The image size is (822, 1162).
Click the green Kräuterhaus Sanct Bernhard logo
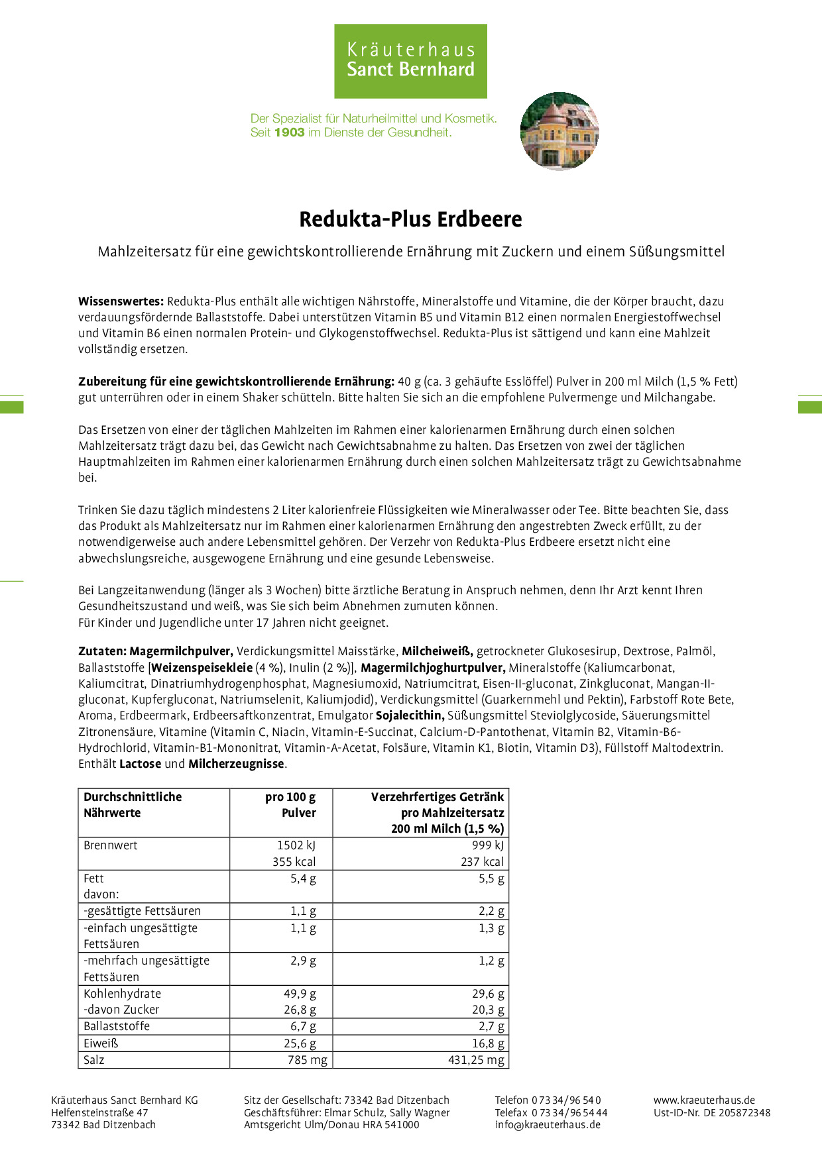tap(410, 61)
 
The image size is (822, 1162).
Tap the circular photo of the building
tap(559, 131)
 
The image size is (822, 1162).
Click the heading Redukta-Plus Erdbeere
tap(410, 219)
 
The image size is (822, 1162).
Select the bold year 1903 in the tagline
tap(289, 132)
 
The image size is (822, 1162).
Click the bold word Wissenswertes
tap(121, 301)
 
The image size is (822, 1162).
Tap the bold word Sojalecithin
tap(410, 715)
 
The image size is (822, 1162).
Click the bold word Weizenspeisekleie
tap(202, 668)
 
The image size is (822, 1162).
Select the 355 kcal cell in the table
tap(294, 862)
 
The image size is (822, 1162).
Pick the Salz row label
tap(94, 1060)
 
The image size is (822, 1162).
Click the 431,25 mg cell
tap(476, 1060)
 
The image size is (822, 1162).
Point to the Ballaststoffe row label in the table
tap(117, 1026)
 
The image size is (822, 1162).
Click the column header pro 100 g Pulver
tap(290, 805)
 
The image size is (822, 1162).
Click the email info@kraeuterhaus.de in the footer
tap(548, 1124)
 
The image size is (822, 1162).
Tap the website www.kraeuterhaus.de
tap(704, 1100)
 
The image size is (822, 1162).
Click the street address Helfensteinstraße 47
tap(99, 1112)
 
